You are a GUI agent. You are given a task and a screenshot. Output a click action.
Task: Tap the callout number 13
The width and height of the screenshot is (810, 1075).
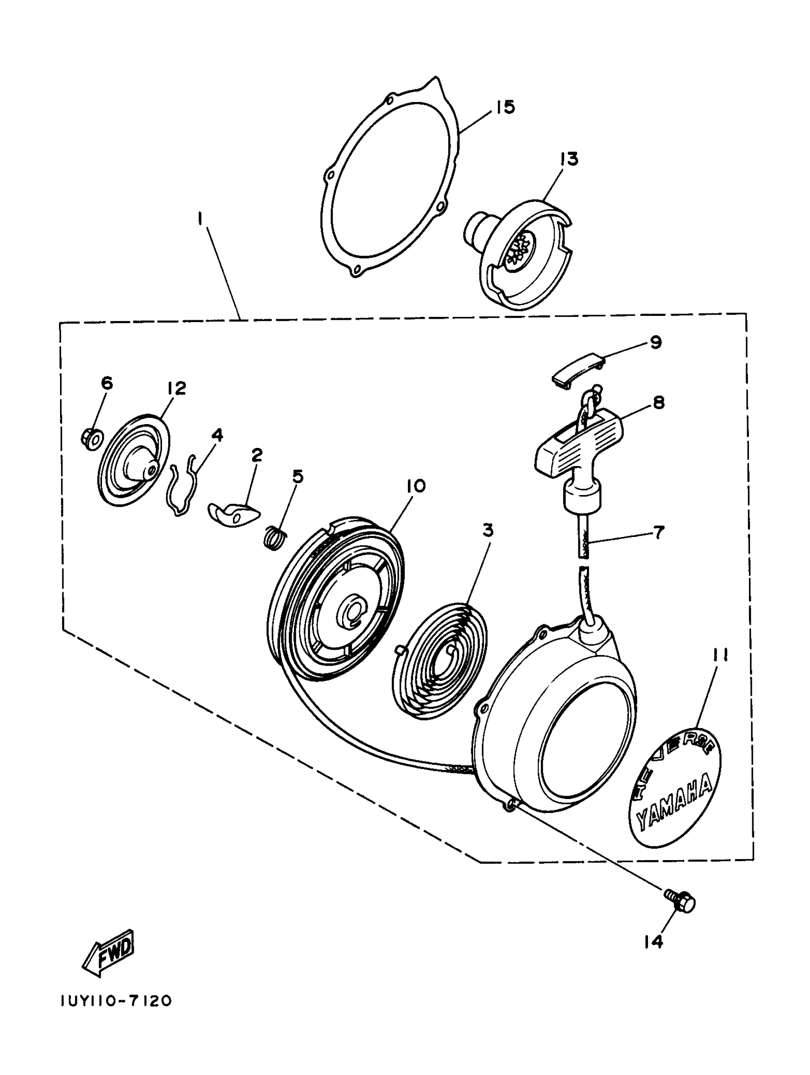click(x=568, y=159)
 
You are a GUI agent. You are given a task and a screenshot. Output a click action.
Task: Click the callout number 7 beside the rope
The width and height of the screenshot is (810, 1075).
click(x=658, y=532)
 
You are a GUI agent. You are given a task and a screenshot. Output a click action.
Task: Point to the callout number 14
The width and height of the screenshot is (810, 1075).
click(x=654, y=942)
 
